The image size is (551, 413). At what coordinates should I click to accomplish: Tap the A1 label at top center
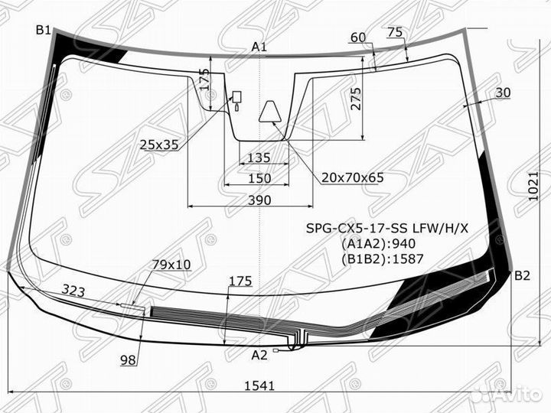(259, 47)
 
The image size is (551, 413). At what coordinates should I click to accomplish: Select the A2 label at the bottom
(259, 355)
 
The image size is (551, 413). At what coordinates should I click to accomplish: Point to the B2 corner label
(522, 276)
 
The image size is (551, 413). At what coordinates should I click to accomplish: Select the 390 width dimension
(259, 200)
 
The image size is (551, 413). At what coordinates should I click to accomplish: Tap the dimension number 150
(259, 178)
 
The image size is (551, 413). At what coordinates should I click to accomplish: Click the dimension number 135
(259, 158)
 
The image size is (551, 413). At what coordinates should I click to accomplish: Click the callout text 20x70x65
(352, 178)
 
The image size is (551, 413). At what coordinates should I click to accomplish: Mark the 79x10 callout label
(171, 265)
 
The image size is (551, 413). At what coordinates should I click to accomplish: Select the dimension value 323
(74, 291)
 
